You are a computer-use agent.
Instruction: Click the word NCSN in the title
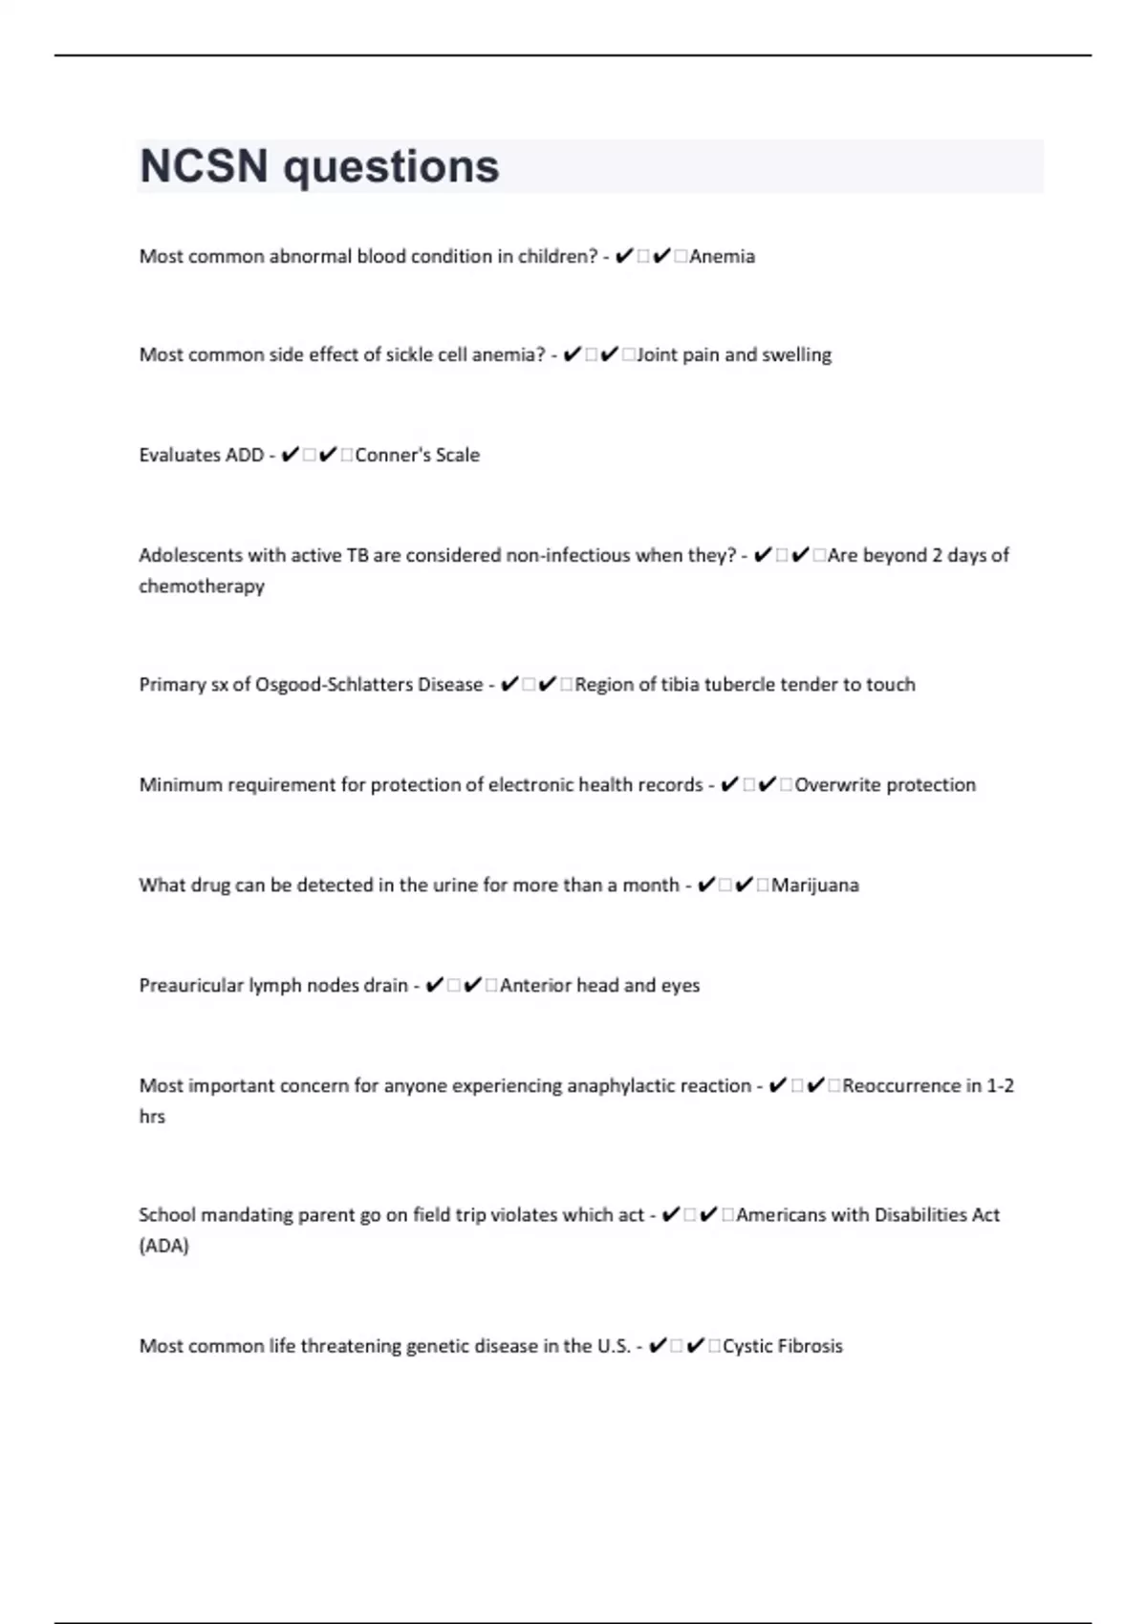204,166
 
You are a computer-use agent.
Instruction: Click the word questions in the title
391,168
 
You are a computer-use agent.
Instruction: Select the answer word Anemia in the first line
722,256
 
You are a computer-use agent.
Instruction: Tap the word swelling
796,354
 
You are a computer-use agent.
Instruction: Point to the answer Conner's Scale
417,455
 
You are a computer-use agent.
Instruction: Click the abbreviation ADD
243,455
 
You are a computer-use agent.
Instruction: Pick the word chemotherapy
202,586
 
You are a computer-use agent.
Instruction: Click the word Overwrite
837,784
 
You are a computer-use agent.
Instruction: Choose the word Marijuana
814,885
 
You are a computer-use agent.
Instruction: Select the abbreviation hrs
152,1116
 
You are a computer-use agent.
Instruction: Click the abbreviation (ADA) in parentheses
164,1246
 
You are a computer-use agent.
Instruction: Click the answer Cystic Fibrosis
783,1346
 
